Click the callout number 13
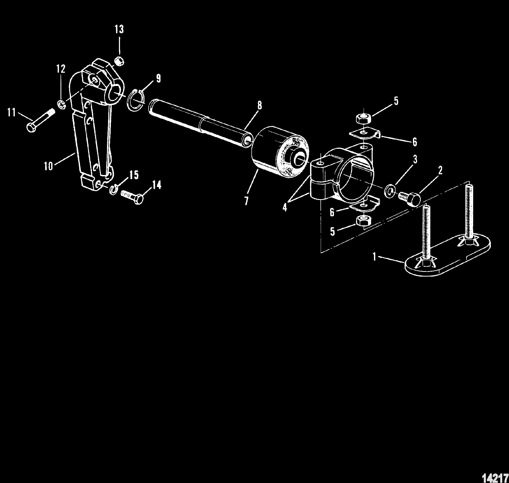click(119, 30)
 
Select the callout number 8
click(259, 105)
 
